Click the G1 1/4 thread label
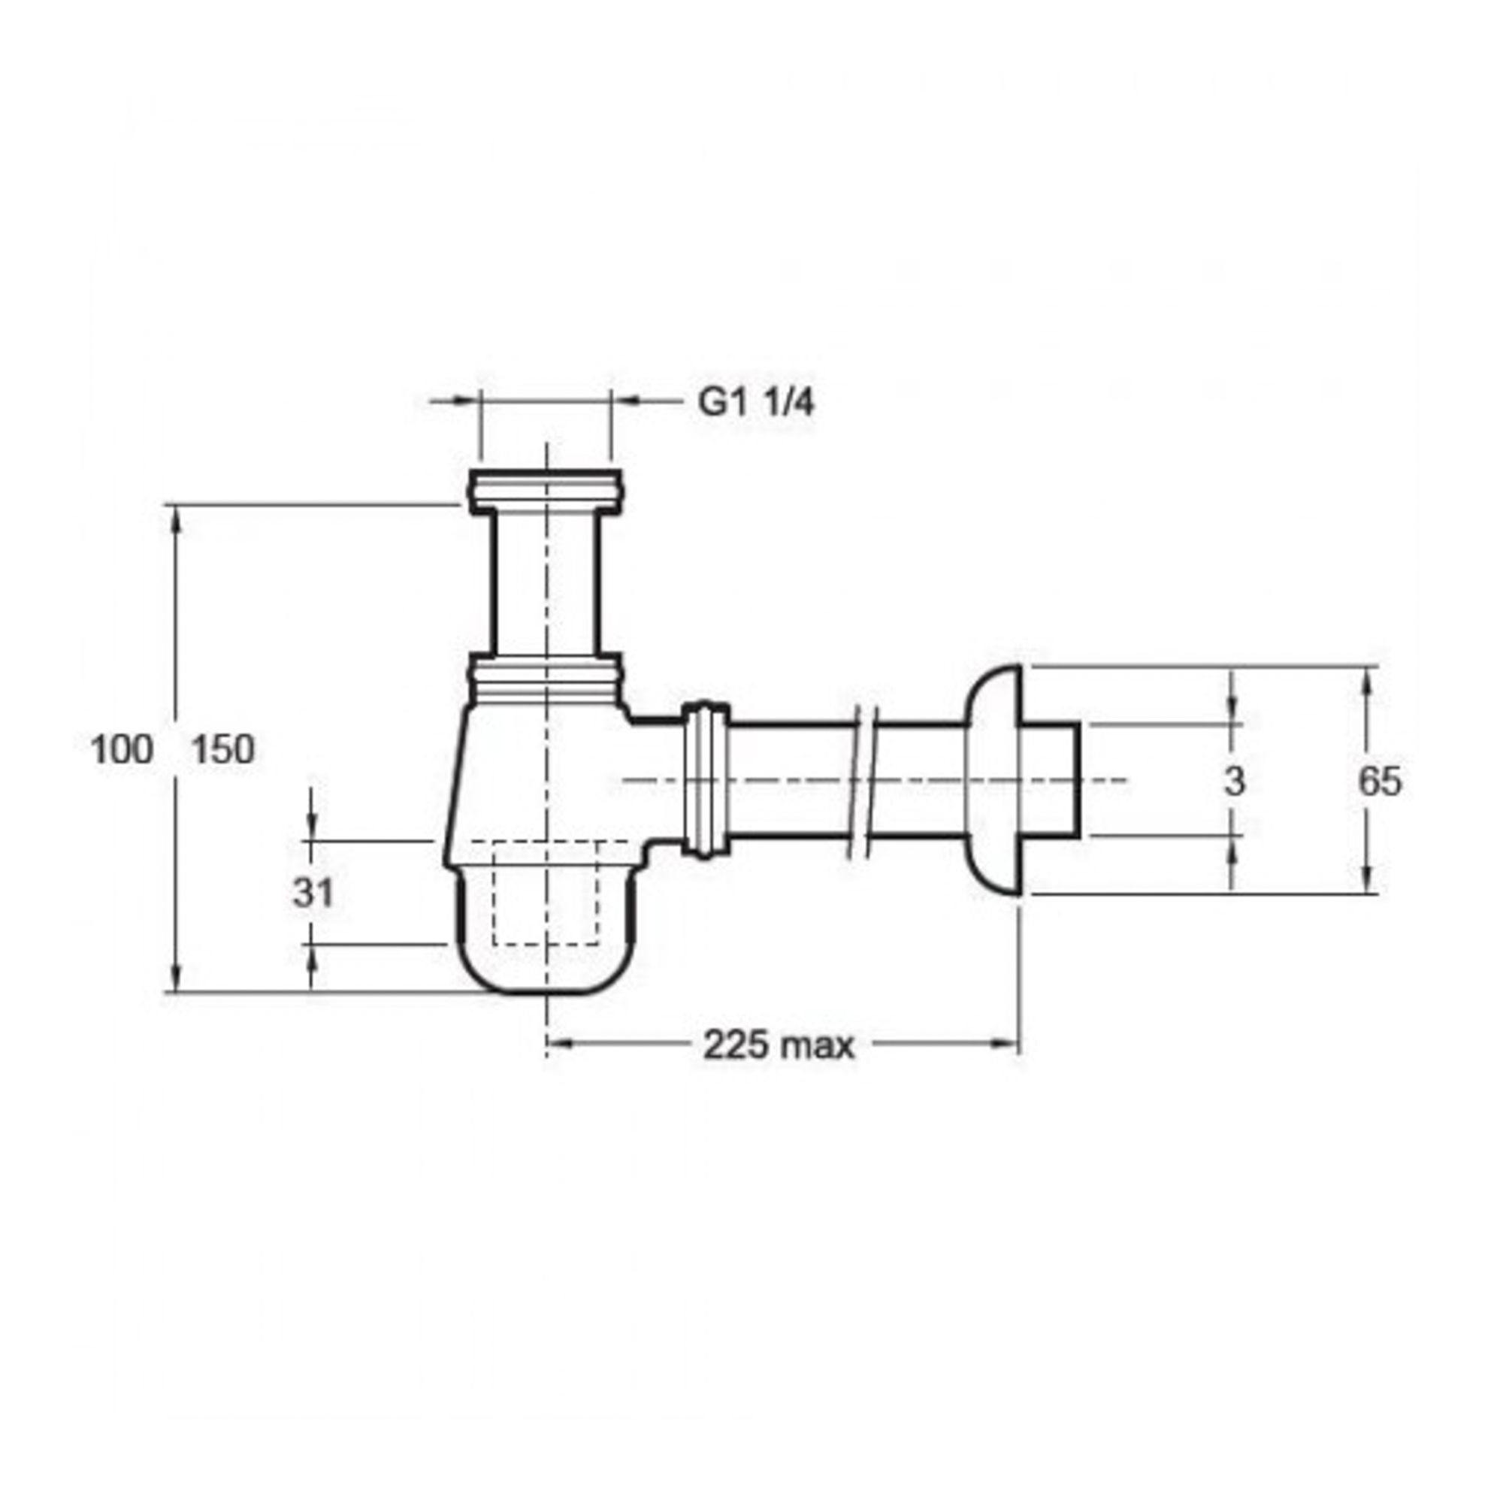point(756,403)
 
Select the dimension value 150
point(223,751)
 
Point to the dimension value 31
point(313,893)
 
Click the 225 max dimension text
point(779,1045)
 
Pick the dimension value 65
point(1380,782)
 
